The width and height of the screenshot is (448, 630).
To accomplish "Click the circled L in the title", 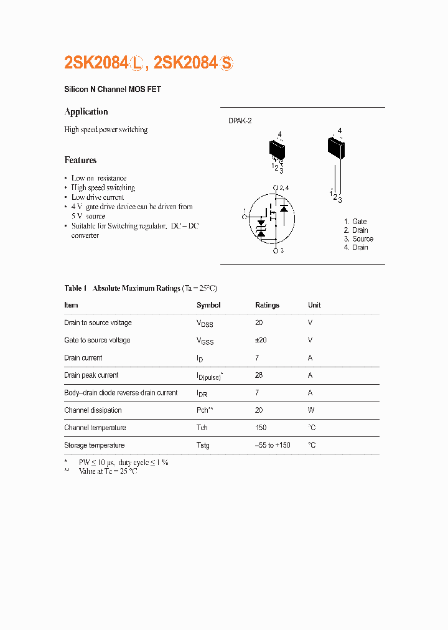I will coord(138,63).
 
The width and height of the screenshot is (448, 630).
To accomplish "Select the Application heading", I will coord(86,112).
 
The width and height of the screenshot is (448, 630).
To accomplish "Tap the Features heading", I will coord(80,160).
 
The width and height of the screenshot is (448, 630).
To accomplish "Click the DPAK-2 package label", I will coord(240,121).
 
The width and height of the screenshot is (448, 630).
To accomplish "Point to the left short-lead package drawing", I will coord(277,149).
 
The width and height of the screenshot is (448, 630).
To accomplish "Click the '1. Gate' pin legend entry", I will coord(355,222).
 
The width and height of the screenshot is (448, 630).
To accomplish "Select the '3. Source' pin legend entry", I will coord(358,239).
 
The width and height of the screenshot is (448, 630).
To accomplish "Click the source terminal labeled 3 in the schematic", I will coord(276,250).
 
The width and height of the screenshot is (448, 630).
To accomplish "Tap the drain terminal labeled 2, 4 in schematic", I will coord(276,187).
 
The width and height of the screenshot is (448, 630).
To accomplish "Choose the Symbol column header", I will coord(208,306).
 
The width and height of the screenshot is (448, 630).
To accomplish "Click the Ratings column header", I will coord(267,306).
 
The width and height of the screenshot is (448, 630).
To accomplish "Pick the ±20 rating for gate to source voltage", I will coord(261,341).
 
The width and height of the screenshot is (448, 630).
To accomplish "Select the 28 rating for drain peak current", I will coord(259,375).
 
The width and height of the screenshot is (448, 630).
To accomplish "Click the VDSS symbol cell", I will coord(205,324).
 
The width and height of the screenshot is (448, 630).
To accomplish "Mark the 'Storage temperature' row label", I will coord(94,445).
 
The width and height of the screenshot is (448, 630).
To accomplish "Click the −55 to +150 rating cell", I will coord(273,445).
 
